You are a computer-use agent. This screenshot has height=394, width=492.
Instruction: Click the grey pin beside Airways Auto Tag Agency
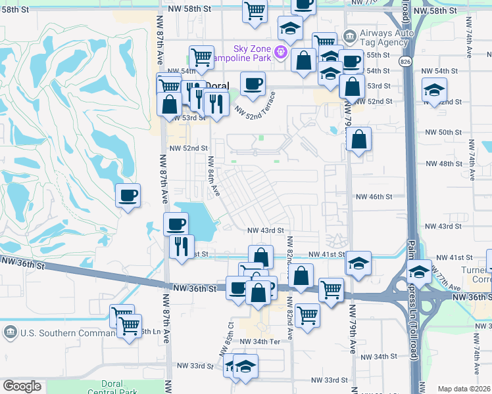[350, 34]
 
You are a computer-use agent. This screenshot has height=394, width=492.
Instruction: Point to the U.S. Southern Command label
[56, 332]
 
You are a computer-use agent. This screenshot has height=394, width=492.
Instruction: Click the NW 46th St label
[374, 196]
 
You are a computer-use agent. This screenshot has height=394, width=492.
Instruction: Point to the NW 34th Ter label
[260, 342]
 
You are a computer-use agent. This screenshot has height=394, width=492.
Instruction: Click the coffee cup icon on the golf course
[128, 195]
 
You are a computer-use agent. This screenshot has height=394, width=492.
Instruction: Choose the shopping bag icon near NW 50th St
[358, 139]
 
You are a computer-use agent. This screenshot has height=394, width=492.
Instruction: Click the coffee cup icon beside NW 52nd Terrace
[253, 83]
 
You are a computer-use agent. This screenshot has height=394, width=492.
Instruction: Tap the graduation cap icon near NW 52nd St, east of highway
[433, 91]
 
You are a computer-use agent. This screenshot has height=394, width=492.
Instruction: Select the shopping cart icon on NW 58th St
[254, 10]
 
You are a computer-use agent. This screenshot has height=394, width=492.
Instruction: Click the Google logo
[22, 386]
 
